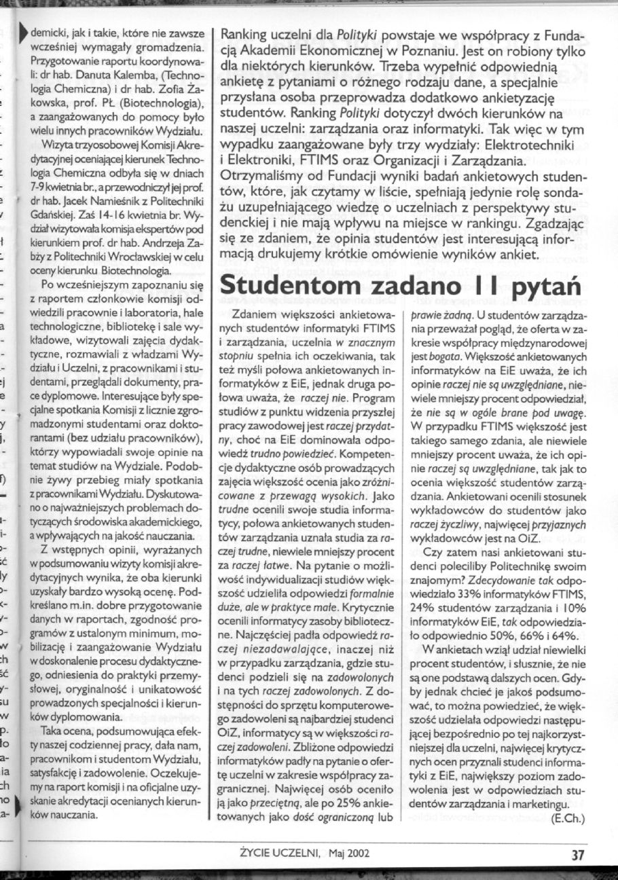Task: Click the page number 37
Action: pyautogui.click(x=578, y=856)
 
